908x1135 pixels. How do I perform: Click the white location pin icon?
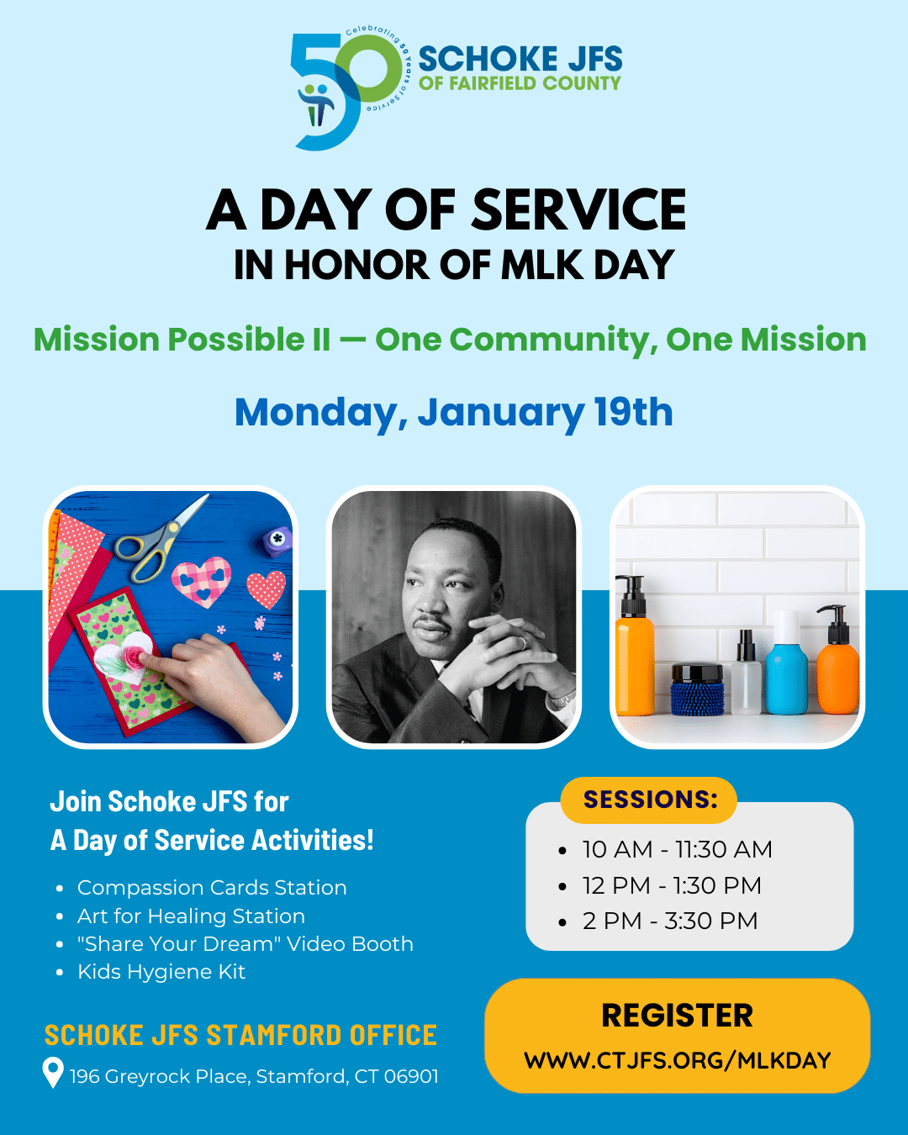click(53, 1072)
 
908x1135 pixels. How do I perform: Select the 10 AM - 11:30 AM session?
click(677, 849)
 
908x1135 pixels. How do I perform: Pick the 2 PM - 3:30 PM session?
click(670, 921)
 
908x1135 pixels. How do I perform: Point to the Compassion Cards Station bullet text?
click(212, 888)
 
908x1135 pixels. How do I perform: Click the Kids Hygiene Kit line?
click(161, 972)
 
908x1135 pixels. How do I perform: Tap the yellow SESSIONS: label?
click(649, 800)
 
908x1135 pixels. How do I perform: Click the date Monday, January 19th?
click(454, 413)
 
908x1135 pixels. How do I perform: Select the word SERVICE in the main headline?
click(578, 209)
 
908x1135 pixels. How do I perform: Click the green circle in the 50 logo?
click(369, 69)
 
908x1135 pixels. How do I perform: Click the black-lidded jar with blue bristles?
click(697, 689)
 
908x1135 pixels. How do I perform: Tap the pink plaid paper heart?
click(201, 582)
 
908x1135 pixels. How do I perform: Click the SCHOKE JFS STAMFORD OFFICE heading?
click(240, 1035)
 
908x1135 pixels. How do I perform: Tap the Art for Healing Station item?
click(191, 916)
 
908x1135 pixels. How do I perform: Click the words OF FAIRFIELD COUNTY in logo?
click(520, 83)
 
